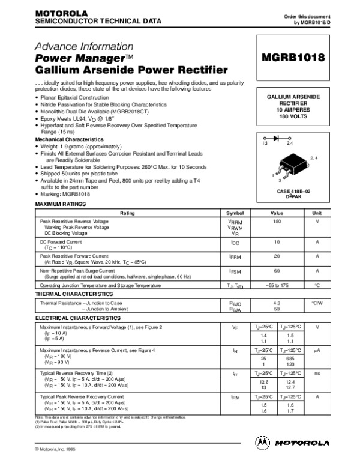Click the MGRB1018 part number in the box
click(x=293, y=58)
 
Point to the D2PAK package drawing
click(x=295, y=169)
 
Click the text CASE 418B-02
click(x=293, y=191)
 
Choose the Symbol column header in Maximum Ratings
click(x=235, y=213)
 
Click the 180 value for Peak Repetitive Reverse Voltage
click(x=277, y=221)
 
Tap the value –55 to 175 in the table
click(x=277, y=286)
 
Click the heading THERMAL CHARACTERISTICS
click(x=74, y=295)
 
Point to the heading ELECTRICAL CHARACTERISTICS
click(x=78, y=317)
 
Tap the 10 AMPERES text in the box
click(x=293, y=110)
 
